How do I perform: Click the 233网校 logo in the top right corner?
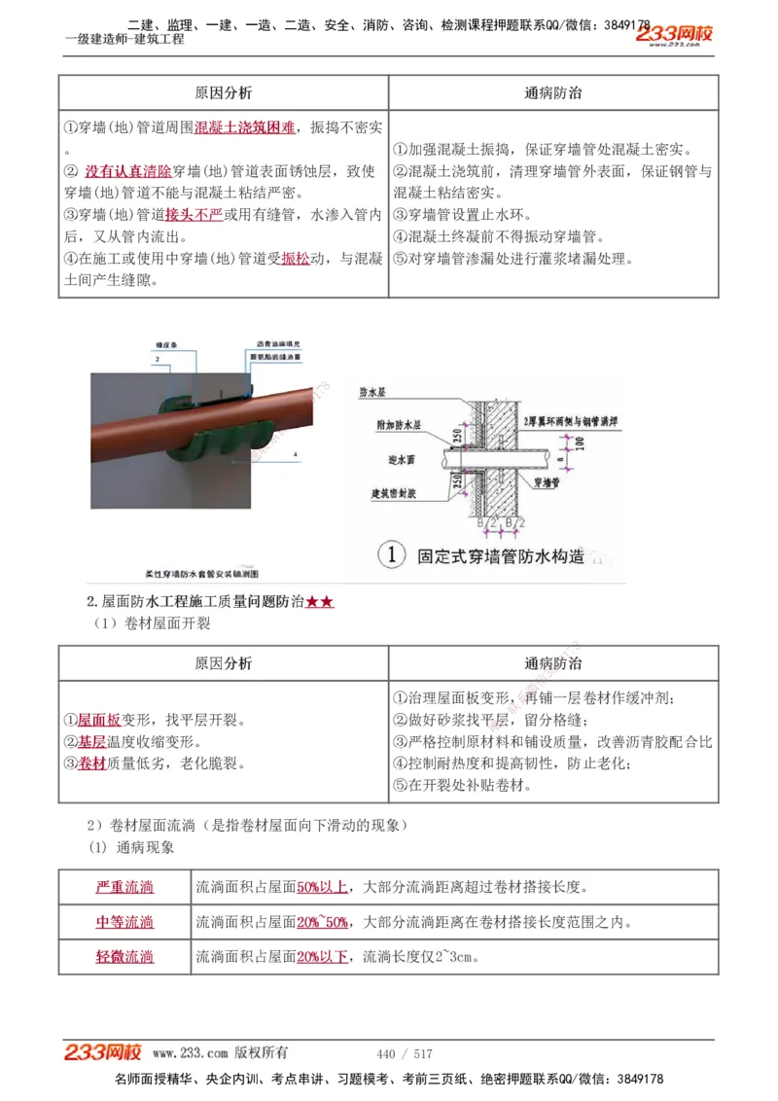tap(675, 35)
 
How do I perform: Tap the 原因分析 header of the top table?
tap(223, 92)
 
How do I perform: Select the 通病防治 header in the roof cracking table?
tap(553, 663)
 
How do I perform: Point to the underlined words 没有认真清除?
tap(127, 171)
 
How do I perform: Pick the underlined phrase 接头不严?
tap(194, 214)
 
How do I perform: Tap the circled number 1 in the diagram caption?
tap(391, 555)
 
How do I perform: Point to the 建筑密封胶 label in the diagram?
tap(400, 492)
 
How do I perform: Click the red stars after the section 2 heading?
tap(320, 602)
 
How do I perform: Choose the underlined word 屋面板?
tap(99, 721)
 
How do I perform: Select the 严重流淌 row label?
tap(124, 887)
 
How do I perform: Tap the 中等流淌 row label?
tap(124, 922)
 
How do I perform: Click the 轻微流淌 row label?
tap(124, 957)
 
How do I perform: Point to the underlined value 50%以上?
tap(322, 887)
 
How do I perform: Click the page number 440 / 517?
tap(404, 1053)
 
